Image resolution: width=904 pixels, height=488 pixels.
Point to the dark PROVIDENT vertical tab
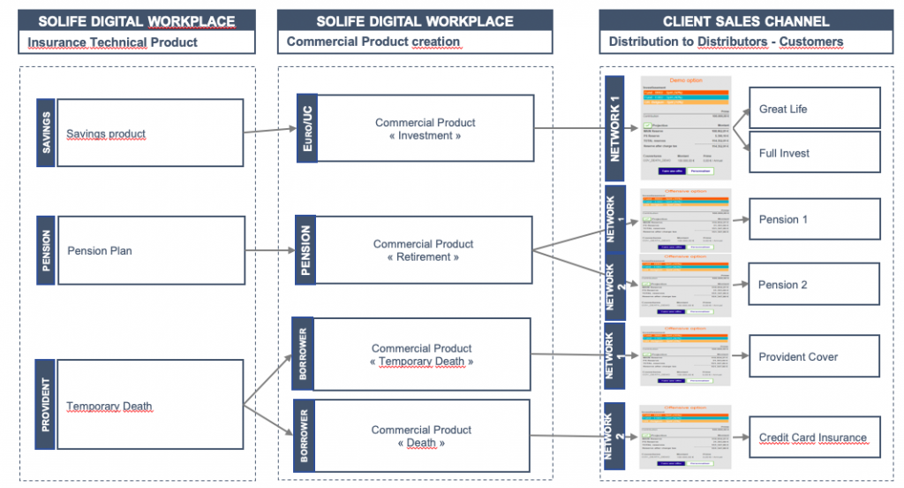click(45, 406)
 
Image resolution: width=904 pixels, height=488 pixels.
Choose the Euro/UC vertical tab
click(306, 129)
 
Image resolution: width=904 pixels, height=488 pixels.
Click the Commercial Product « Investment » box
click(425, 129)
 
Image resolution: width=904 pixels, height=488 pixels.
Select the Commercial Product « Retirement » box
click(423, 250)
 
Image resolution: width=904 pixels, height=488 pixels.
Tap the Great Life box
click(814, 109)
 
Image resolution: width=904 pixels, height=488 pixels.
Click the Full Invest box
click(814, 153)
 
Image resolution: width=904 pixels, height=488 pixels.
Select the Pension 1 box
click(814, 219)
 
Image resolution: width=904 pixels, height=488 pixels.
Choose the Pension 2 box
click(814, 285)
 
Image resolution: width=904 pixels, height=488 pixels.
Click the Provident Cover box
click(814, 357)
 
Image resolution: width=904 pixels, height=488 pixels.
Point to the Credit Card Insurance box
click(814, 438)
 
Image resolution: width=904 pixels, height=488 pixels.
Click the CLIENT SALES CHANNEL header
click(746, 20)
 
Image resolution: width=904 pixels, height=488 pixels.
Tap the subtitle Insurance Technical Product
click(112, 42)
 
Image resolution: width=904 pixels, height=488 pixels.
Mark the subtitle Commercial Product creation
click(373, 42)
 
